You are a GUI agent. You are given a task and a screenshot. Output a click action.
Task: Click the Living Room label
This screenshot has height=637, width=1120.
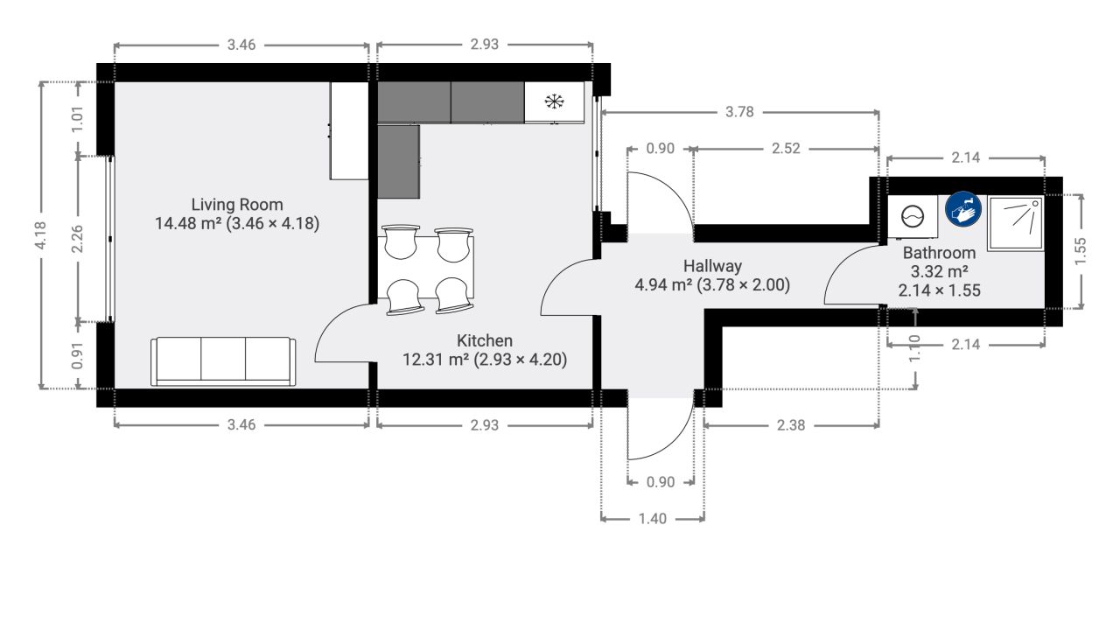coord(237,205)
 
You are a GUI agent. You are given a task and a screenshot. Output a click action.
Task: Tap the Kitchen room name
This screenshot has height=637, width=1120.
coord(485,340)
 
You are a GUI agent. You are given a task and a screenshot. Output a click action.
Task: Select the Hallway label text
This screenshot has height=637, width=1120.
coord(712,266)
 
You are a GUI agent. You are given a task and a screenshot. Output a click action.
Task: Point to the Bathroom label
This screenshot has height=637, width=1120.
coord(939,253)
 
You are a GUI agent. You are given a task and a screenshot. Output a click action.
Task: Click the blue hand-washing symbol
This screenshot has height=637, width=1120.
coord(963,209)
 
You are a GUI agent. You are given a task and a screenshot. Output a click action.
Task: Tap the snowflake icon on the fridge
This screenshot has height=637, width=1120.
coord(554,101)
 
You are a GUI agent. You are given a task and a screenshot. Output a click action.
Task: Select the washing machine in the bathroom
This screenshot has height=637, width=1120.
coord(913,217)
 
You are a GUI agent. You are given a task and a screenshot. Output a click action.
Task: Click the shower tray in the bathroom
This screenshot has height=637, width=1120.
coord(1016,223)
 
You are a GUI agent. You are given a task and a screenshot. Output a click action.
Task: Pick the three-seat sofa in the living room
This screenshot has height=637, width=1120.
coord(223,361)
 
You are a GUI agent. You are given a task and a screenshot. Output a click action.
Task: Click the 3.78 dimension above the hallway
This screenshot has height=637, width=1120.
coord(739,111)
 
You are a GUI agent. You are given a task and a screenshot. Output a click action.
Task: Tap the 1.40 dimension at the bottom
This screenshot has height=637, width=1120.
coord(653,519)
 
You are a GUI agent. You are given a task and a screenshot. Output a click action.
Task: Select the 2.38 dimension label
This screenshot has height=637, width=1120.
coord(791,425)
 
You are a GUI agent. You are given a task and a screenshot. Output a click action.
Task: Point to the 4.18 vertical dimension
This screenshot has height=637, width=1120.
coord(40,235)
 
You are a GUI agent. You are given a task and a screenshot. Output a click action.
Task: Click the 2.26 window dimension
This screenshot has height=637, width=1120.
coord(78,239)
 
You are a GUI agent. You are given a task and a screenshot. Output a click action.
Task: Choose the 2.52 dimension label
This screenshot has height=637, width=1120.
coord(786,149)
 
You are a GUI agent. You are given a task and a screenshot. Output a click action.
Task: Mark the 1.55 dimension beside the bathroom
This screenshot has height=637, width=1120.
coord(1081,251)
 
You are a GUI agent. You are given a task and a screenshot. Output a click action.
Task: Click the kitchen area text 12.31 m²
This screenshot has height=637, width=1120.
coord(436,360)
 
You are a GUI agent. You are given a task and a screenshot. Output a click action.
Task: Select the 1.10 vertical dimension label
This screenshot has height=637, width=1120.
coord(914,348)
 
